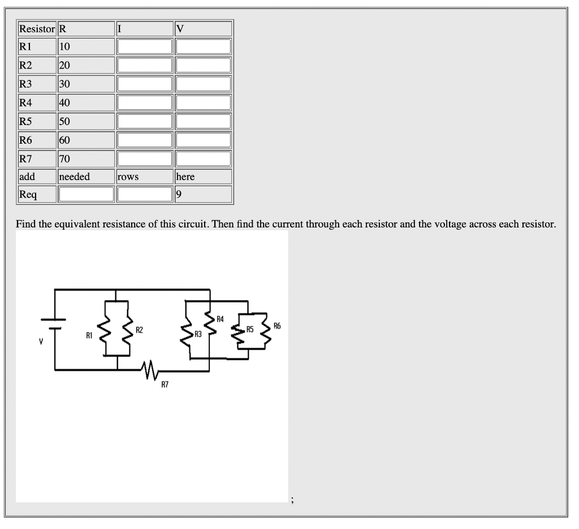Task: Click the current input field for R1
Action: [144, 47]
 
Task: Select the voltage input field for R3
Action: [203, 84]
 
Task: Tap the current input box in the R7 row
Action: [144, 158]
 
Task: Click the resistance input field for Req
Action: [87, 195]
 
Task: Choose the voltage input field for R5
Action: [203, 122]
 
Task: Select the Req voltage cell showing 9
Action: [179, 195]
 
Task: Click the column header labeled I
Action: [119, 28]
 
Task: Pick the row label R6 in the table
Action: [26, 140]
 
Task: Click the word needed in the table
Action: [75, 177]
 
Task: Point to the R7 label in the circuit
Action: [165, 385]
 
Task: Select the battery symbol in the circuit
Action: [55, 324]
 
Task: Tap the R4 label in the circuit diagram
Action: [220, 320]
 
